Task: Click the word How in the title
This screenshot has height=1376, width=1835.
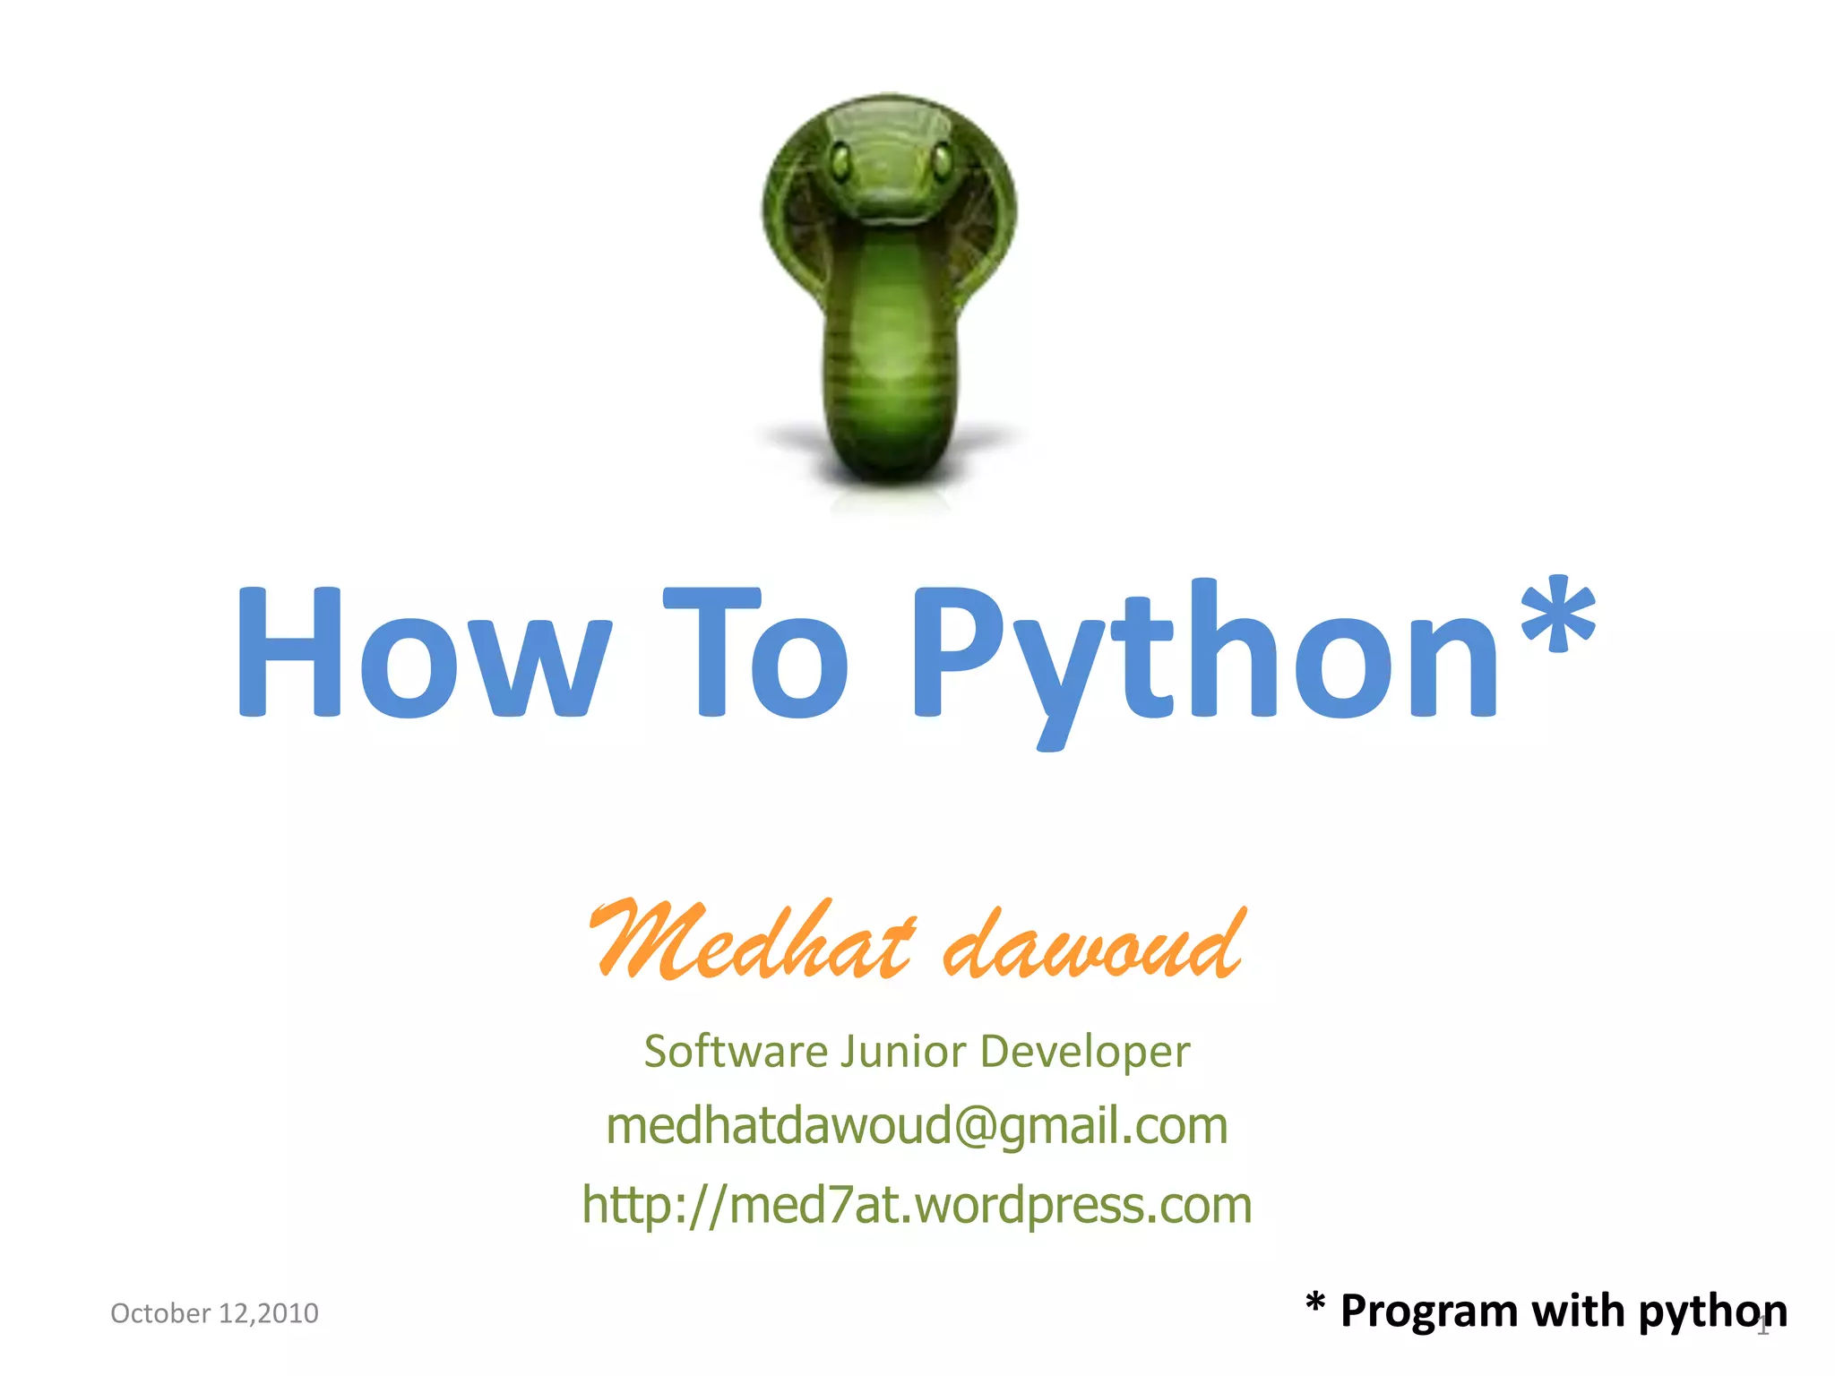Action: (x=422, y=652)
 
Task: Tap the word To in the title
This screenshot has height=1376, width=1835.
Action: (x=755, y=652)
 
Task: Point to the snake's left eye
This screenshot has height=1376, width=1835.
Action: (x=840, y=162)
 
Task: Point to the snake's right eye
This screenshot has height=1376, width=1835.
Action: (x=942, y=161)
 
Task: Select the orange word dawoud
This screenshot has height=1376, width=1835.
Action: (x=1093, y=944)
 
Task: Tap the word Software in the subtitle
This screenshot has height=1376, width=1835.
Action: (x=736, y=1051)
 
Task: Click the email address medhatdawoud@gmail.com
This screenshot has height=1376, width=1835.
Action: (x=917, y=1126)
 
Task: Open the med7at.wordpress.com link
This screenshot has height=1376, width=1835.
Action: (x=917, y=1205)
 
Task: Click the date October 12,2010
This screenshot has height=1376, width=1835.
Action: (x=214, y=1313)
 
